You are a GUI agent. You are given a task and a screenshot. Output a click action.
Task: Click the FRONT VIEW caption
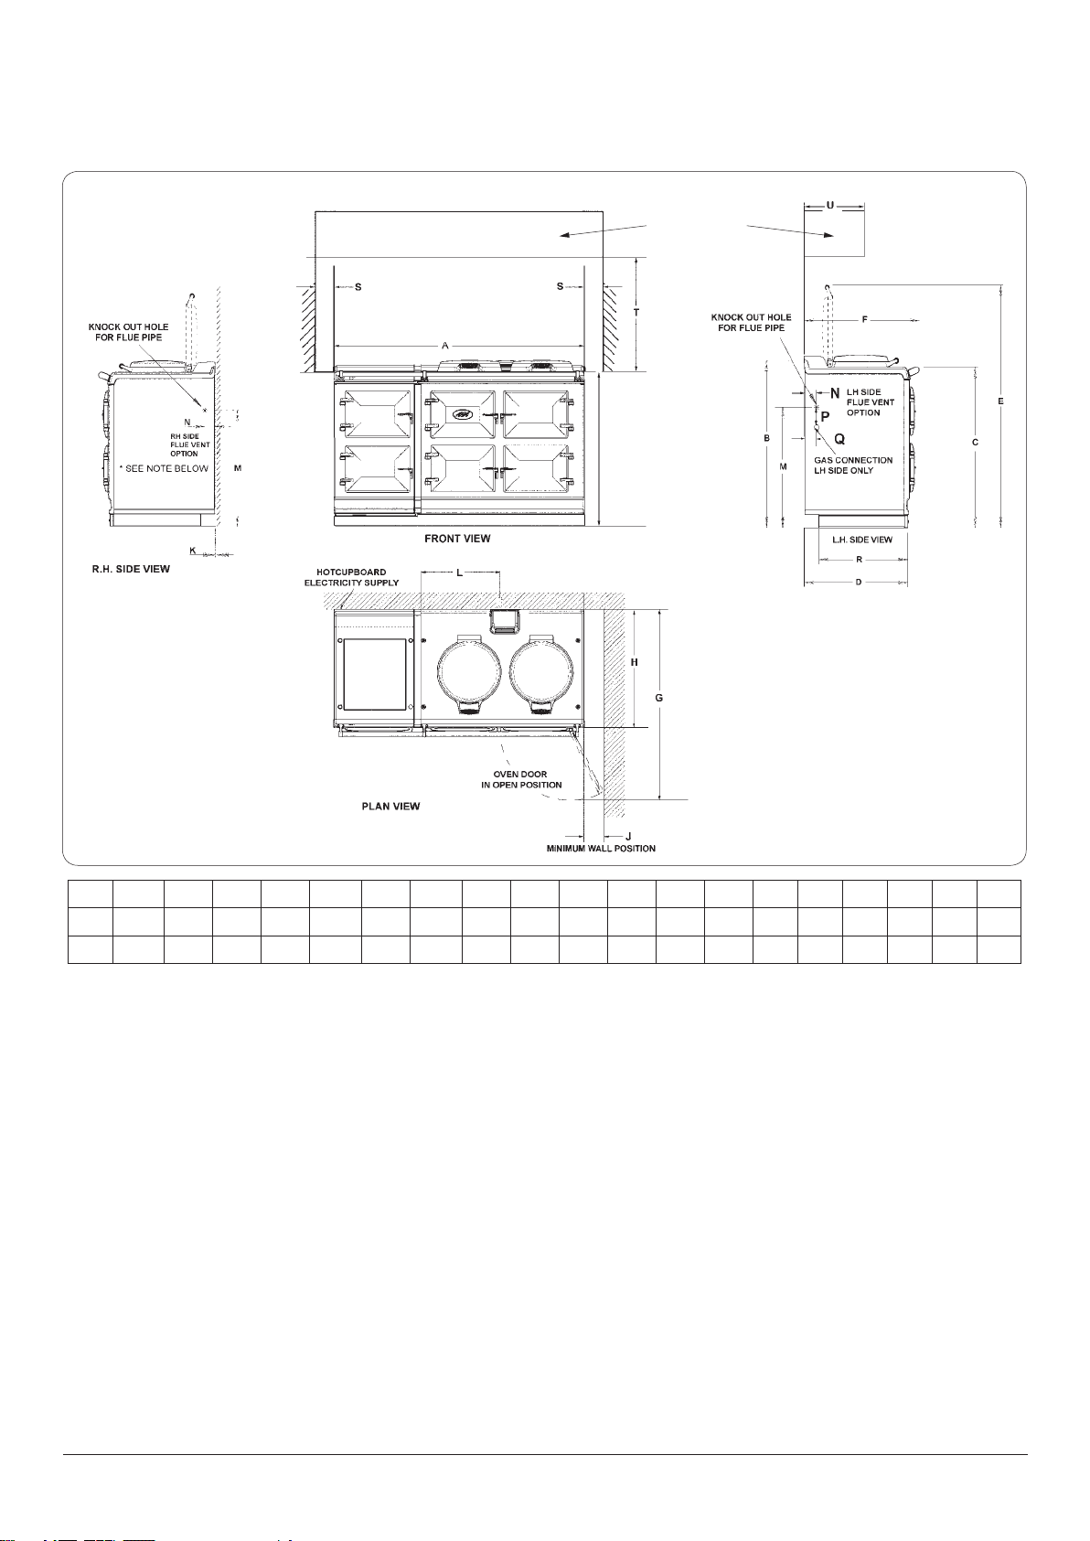coord(457,539)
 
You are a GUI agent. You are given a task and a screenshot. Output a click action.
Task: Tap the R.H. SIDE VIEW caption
coord(131,569)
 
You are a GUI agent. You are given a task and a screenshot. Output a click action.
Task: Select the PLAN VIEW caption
coord(390,807)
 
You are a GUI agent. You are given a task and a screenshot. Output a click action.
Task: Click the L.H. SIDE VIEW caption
coord(862,540)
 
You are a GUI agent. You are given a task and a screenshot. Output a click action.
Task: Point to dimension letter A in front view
coord(445,346)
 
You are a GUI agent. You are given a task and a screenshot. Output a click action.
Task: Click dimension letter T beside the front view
coord(636,313)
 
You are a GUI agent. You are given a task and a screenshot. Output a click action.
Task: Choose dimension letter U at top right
coord(829,205)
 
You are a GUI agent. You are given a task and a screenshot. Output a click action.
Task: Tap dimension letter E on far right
coord(1001,401)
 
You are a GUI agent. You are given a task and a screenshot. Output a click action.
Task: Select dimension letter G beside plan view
coord(658,699)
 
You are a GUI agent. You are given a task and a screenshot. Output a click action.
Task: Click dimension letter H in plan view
coord(635,662)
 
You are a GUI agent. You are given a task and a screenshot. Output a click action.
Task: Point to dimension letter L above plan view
coord(459,573)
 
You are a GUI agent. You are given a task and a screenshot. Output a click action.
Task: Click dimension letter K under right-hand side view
coord(193,551)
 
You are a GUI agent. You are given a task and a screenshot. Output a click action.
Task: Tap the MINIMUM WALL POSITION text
coord(601,849)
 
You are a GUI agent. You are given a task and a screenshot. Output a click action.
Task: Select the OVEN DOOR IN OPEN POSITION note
coord(521,779)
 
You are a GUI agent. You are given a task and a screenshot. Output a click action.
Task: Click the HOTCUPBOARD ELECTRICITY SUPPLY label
coord(351,577)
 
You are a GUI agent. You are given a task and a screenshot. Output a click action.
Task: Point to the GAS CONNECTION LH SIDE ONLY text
coord(853,466)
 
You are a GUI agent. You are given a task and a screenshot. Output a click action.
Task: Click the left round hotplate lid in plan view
coord(468,671)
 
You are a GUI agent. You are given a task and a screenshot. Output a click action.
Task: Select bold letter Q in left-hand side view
coord(839,439)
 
